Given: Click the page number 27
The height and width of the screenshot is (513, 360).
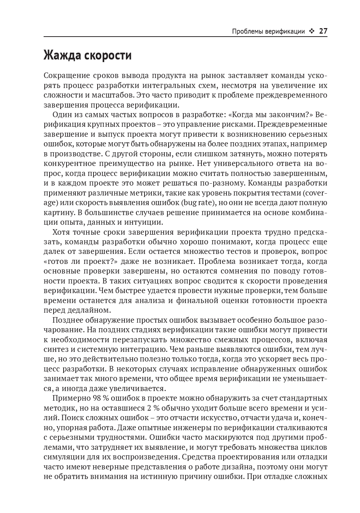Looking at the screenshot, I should [x=323, y=31].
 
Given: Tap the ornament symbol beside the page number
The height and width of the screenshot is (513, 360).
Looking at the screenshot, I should [x=312, y=31].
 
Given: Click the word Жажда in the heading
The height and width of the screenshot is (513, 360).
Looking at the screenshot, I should [x=62, y=55].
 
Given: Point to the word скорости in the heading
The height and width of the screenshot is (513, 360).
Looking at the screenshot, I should [x=108, y=55].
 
